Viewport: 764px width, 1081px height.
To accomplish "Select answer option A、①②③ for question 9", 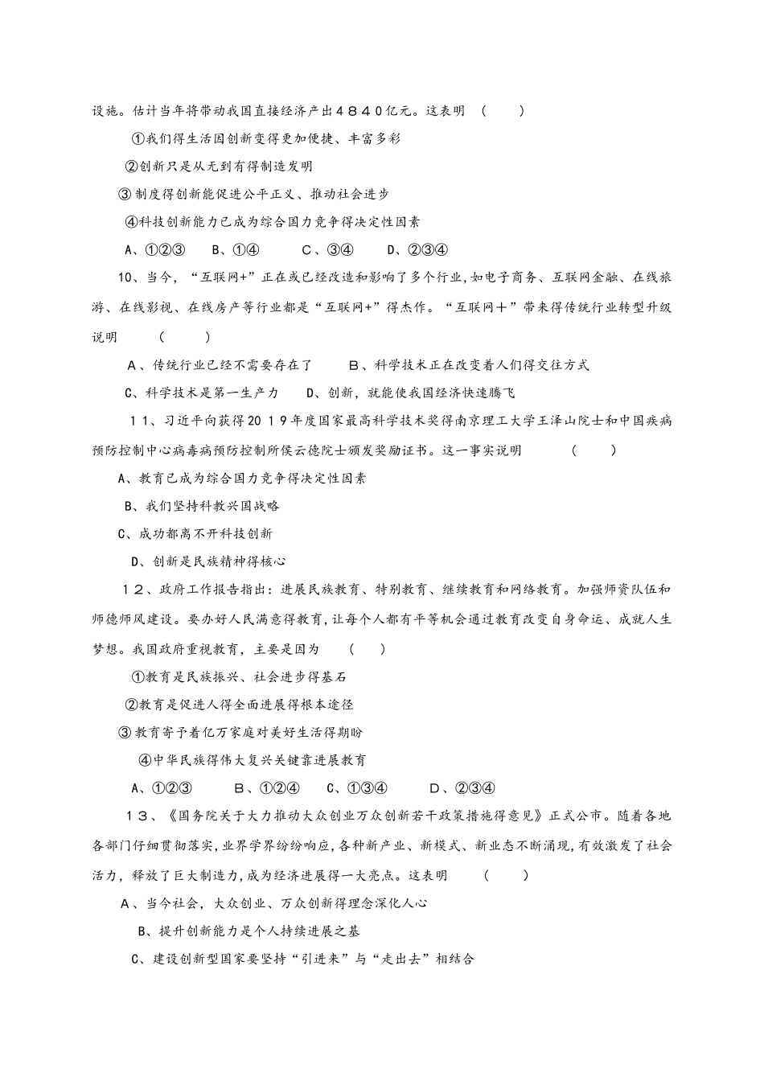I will [157, 249].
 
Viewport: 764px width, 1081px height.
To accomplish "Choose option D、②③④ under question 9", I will [417, 249].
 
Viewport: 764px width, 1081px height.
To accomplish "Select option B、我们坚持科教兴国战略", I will [202, 506].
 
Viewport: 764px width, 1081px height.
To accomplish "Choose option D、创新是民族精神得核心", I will [208, 561].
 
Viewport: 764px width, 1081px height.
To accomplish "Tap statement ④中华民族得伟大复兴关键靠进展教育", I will [253, 760].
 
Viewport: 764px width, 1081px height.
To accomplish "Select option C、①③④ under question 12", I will [358, 788].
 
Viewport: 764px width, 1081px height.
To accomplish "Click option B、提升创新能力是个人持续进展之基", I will [249, 931].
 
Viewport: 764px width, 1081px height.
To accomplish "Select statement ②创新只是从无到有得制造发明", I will [218, 166].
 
